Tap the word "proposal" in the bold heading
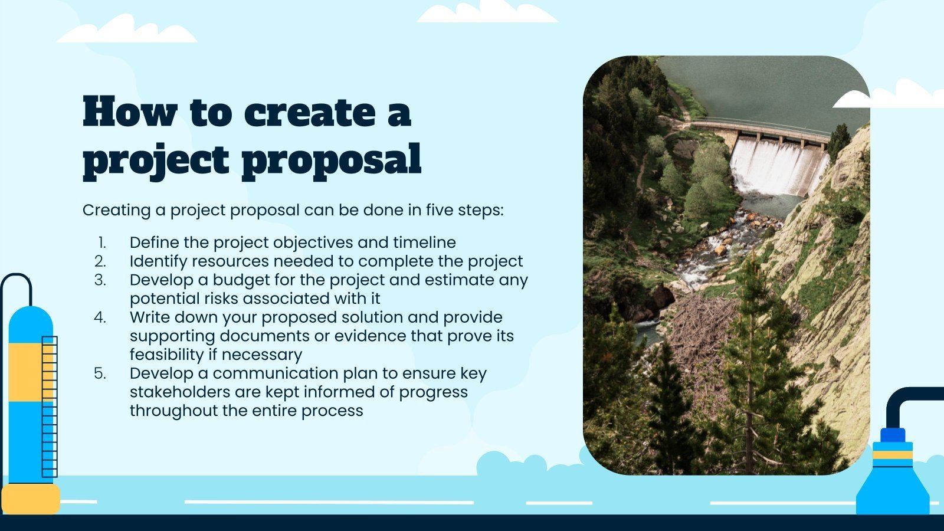pos(332,160)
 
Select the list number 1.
pos(102,242)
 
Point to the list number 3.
pos(100,280)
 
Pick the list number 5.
pos(100,373)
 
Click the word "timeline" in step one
pos(424,242)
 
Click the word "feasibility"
pos(166,355)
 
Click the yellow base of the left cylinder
pos(29,499)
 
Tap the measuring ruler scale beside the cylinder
pos(50,407)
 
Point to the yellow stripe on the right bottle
pos(893,454)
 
